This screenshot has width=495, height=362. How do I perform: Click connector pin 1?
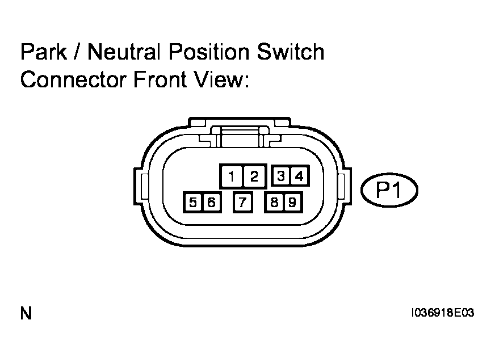click(x=232, y=176)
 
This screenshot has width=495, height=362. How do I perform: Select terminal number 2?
click(x=254, y=176)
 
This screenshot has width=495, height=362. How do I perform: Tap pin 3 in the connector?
click(x=280, y=176)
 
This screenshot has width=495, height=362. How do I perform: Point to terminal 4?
click(x=299, y=176)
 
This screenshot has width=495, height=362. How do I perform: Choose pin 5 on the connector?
click(x=192, y=202)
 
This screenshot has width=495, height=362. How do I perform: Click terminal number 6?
click(x=212, y=202)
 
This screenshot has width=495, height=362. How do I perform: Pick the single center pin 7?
click(x=242, y=202)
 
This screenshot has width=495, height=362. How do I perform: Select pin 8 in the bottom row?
click(x=274, y=202)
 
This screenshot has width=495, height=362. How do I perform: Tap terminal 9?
click(x=293, y=202)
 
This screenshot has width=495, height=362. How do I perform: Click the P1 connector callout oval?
click(x=389, y=190)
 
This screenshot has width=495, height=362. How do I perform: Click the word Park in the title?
click(x=44, y=52)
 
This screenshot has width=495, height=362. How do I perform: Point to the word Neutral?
click(x=121, y=52)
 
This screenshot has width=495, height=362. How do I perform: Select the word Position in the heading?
click(x=210, y=52)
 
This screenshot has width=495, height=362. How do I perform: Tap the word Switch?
click(x=291, y=52)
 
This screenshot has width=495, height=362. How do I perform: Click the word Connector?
click(x=74, y=79)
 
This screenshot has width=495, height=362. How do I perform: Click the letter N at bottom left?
click(x=26, y=313)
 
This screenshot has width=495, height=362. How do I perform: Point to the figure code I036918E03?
click(x=442, y=313)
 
